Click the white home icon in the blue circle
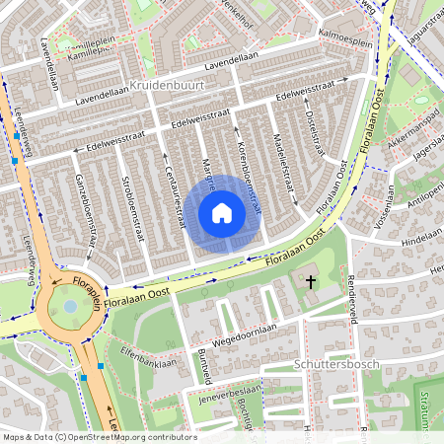pyautogui.click(x=222, y=212)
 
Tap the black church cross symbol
pyautogui.click(x=311, y=282)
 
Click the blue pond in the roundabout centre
pyautogui.click(x=70, y=307)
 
